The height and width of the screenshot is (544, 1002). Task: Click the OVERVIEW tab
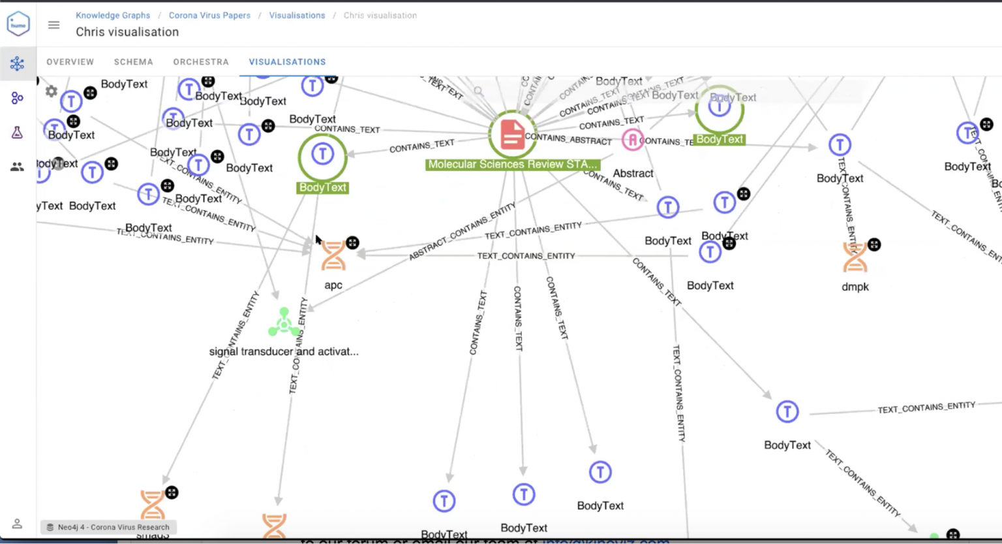[x=70, y=62]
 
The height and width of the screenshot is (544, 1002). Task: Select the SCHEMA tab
[x=133, y=62]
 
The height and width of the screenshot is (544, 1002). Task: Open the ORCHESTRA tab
[x=201, y=62]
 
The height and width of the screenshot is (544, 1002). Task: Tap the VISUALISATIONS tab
[x=287, y=62]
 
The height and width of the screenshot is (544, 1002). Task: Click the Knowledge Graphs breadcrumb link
[x=113, y=15]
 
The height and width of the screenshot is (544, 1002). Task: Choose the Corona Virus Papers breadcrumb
[x=209, y=15]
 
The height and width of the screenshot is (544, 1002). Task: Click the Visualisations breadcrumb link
[x=297, y=15]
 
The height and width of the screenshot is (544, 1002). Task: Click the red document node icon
[x=512, y=135]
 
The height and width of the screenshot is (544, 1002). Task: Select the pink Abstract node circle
[x=632, y=140]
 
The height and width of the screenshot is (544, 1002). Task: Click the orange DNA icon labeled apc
[x=333, y=255]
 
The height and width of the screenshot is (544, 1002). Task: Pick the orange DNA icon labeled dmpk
[x=855, y=257]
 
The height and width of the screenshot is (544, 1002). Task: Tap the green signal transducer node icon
[x=284, y=322]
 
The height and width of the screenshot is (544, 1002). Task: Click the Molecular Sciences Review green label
[x=512, y=165]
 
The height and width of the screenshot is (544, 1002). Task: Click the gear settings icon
[x=52, y=91]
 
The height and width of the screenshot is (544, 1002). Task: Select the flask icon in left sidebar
[x=18, y=133]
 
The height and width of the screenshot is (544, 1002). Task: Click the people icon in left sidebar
[x=18, y=167]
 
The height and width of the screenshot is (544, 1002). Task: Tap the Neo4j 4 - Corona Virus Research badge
[x=108, y=527]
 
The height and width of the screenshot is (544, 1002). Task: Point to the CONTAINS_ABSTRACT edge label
[x=568, y=139]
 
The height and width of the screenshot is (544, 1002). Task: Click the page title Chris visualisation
[x=127, y=32]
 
